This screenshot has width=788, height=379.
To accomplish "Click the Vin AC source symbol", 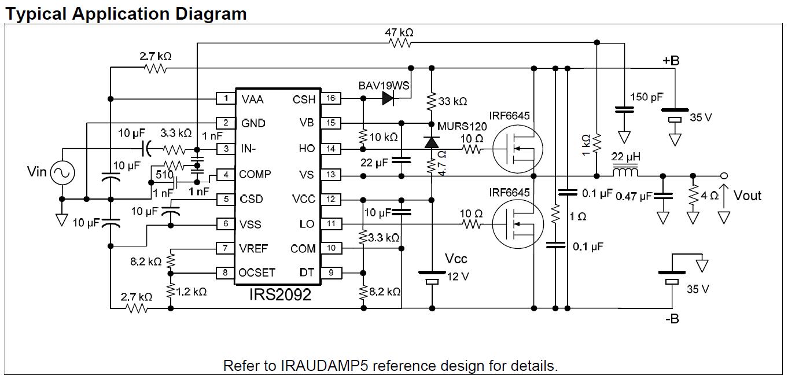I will (61, 172).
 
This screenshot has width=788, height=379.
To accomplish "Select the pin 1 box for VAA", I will (225, 98).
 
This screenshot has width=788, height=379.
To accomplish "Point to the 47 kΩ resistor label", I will (399, 32).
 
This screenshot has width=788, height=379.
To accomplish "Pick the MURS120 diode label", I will (462, 127).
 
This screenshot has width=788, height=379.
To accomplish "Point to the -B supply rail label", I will (671, 318).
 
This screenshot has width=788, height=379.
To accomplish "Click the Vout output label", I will (748, 196).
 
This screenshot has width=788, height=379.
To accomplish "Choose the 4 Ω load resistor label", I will (709, 196).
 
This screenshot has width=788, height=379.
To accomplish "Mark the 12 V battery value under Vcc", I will (458, 277).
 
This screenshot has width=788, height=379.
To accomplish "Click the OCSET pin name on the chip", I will (257, 273).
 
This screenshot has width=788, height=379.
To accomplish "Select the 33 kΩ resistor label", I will (452, 101).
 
